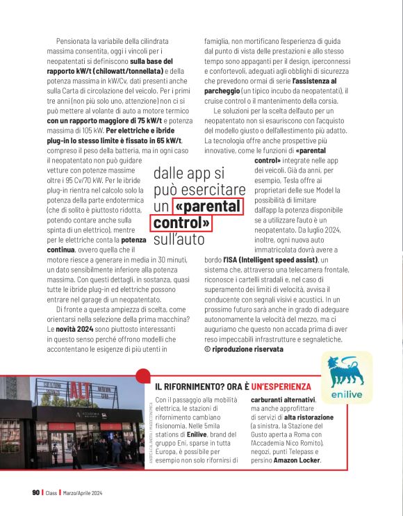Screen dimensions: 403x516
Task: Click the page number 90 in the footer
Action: pyautogui.click(x=35, y=492)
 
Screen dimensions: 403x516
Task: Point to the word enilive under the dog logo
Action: pyautogui.click(x=347, y=394)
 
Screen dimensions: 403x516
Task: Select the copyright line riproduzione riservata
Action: pyautogui.click(x=249, y=348)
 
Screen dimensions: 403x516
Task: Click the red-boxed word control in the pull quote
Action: pyautogui.click(x=181, y=223)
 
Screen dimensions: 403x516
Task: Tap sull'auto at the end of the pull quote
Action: pyautogui.click(x=179, y=240)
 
